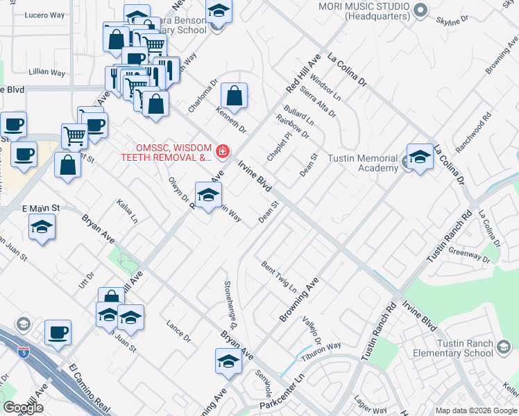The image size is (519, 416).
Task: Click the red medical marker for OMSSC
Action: [223, 151]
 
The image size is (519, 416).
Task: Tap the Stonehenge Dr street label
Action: [230, 305]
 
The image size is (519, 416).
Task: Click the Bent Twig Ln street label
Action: [279, 276]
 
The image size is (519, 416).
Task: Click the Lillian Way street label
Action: [46, 72]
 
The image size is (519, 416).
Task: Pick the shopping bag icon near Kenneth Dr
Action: [235, 96]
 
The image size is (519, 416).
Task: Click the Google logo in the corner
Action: [23, 408]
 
